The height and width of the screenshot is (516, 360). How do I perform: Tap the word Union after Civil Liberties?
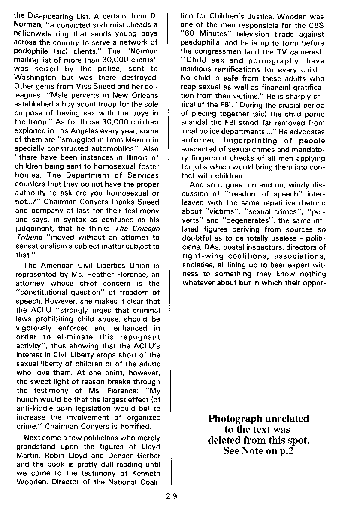pyautogui.click(x=138, y=266)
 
